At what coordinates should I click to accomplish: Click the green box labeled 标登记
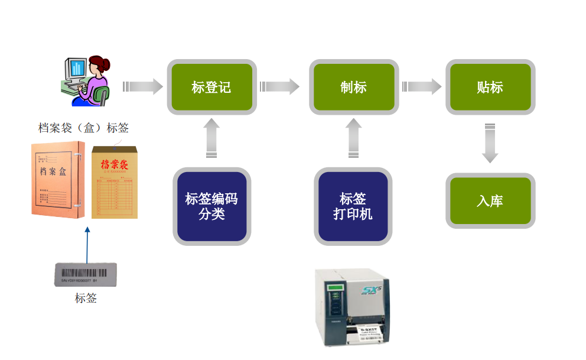pyautogui.click(x=211, y=87)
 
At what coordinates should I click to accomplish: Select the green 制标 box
pyautogui.click(x=353, y=87)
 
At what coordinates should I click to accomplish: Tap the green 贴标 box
pyautogui.click(x=490, y=87)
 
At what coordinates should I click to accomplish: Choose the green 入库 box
pyautogui.click(x=490, y=200)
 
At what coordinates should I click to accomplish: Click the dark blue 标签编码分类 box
pyautogui.click(x=211, y=206)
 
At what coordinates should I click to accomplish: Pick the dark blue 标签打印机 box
pyautogui.click(x=353, y=206)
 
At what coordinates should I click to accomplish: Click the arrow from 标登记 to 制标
pyautogui.click(x=279, y=87)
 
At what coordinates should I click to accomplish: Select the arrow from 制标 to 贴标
pyautogui.click(x=421, y=87)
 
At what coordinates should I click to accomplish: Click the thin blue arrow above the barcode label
pyautogui.click(x=87, y=242)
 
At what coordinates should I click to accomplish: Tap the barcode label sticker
pyautogui.click(x=86, y=274)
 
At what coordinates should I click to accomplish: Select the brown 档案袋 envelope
pyautogui.click(x=115, y=182)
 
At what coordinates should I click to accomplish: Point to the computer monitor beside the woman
pyautogui.click(x=76, y=69)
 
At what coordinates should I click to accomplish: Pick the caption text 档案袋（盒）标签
pyautogui.click(x=83, y=127)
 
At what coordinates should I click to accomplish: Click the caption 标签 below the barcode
pyautogui.click(x=86, y=298)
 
